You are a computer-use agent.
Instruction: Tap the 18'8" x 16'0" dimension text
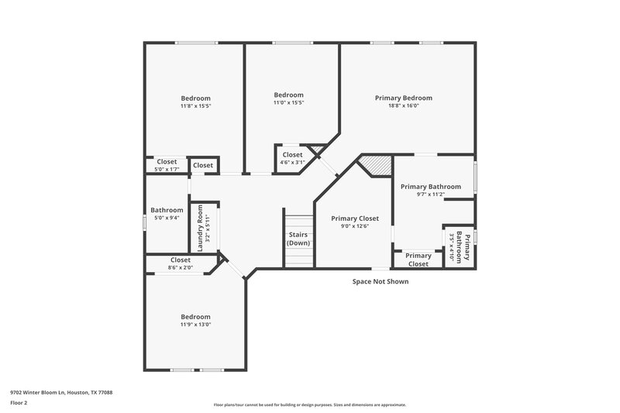(x=403, y=107)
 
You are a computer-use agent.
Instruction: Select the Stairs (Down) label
(x=298, y=239)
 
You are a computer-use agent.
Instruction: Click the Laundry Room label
(x=200, y=228)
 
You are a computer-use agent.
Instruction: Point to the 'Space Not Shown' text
(x=380, y=281)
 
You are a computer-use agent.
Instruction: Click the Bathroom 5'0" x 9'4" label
(x=167, y=210)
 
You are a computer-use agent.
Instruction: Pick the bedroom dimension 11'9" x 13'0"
(x=195, y=325)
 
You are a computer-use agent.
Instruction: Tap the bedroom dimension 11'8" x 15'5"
(x=195, y=107)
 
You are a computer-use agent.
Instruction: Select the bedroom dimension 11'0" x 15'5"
(x=288, y=103)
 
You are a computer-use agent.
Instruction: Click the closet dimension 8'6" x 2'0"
(x=180, y=268)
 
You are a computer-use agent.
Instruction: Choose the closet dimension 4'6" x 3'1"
(x=292, y=163)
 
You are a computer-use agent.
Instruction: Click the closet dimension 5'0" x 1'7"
(x=167, y=170)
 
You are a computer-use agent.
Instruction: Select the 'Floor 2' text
(x=19, y=403)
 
